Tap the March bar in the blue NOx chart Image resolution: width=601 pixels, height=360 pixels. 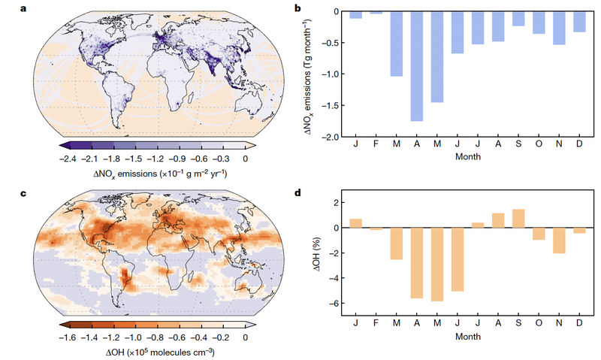[x=396, y=44]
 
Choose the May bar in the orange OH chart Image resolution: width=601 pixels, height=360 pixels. [x=436, y=264]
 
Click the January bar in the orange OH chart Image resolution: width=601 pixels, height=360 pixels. [x=356, y=223]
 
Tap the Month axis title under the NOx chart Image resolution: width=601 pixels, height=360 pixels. [x=467, y=157]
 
